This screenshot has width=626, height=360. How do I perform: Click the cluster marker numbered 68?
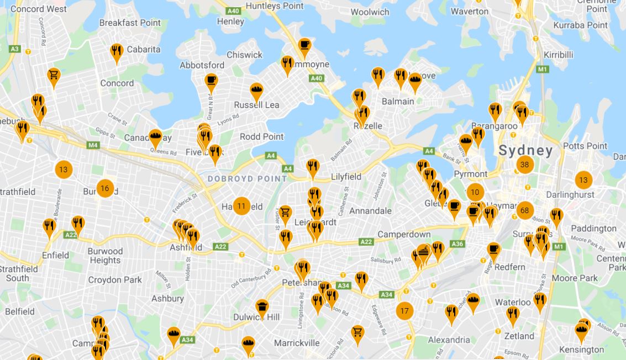(x=524, y=210)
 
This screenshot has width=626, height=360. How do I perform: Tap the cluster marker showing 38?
(x=524, y=165)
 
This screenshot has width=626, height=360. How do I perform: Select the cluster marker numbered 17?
(x=404, y=311)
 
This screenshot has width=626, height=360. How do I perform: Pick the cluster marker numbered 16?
(x=104, y=189)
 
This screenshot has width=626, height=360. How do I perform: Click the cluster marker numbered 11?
(x=241, y=207)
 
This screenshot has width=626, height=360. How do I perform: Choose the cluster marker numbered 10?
(x=475, y=193)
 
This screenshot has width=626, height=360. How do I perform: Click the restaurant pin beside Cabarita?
(x=116, y=52)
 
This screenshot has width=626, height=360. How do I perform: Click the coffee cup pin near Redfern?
(x=493, y=250)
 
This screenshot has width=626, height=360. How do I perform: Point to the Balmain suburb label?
(x=398, y=102)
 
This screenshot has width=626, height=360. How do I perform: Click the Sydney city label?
(x=525, y=150)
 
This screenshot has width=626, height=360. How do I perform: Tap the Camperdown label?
(x=404, y=235)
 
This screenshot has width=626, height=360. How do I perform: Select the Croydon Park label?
(x=115, y=280)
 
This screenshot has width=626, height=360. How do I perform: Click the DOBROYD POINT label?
(x=247, y=179)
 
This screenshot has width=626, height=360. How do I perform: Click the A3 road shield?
(x=15, y=49)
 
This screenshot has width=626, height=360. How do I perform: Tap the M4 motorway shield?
(x=92, y=145)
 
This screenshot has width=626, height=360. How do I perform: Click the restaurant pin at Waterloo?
(x=539, y=301)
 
